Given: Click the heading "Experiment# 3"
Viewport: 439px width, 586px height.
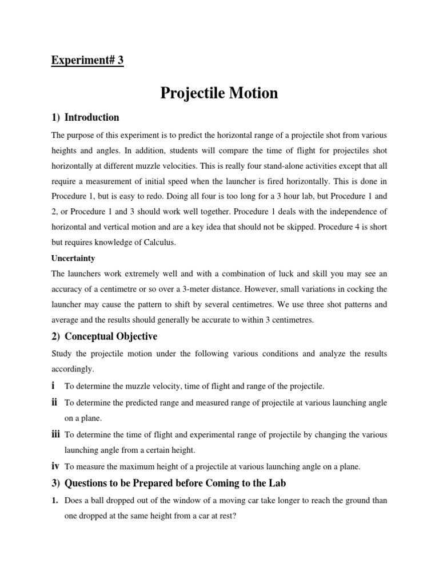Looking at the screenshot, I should tap(87, 61).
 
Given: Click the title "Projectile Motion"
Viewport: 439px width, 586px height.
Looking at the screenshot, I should tap(219, 93).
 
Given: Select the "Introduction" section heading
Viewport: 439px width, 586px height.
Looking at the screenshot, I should tap(91, 117).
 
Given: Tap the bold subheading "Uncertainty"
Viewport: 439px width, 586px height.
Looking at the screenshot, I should tap(73, 259).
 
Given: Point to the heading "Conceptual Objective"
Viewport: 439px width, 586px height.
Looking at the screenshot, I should tap(111, 336).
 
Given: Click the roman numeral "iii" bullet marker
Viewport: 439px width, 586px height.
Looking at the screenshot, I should tap(55, 435).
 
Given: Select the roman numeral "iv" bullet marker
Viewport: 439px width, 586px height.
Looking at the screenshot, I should tap(55, 466).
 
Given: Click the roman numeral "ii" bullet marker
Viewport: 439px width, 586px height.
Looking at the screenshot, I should tap(54, 403).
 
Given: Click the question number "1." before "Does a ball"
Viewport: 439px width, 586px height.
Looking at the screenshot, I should tap(55, 500).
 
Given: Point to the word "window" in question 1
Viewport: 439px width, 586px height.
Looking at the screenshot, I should tap(199, 500).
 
